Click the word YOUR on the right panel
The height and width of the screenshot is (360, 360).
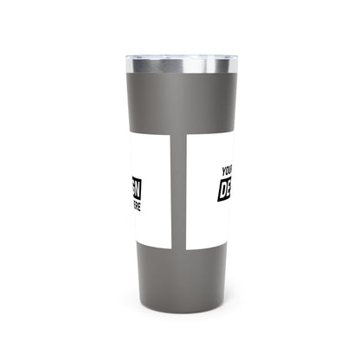(x=228, y=171)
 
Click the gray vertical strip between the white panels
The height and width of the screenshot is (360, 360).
(x=179, y=181)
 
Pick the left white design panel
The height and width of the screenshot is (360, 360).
(x=151, y=182)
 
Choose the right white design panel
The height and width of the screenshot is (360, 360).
(x=208, y=182)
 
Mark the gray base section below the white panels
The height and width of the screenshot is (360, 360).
(x=180, y=260)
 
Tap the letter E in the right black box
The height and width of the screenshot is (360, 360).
(x=229, y=188)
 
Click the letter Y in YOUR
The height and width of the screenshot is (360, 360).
(x=223, y=173)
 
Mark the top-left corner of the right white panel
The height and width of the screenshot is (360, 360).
(x=188, y=137)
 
